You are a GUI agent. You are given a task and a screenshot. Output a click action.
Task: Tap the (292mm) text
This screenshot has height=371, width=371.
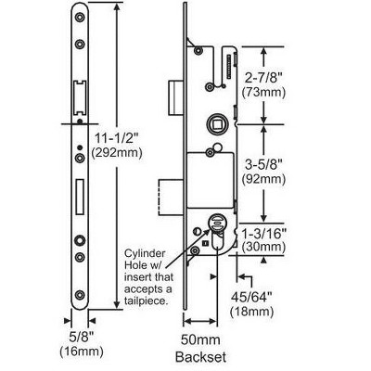(117, 153)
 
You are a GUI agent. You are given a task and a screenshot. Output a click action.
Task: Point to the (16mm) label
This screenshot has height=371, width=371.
(82, 352)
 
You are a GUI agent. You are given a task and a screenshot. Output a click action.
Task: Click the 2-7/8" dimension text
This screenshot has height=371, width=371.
(263, 78)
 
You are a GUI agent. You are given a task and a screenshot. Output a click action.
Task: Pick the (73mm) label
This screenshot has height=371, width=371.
(263, 93)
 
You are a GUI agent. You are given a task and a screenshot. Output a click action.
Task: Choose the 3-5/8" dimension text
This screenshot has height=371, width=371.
(263, 165)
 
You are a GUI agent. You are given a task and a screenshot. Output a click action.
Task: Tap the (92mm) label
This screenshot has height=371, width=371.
(263, 179)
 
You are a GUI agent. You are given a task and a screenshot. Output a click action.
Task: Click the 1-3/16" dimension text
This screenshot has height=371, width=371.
(263, 234)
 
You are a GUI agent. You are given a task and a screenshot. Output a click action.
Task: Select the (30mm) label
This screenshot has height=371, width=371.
(263, 247)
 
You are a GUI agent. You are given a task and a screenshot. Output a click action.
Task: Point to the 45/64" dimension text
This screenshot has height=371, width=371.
(251, 298)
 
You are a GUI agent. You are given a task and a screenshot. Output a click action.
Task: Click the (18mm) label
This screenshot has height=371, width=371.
(251, 312)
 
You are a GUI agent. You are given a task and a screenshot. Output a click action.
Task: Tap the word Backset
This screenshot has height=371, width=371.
(200, 357)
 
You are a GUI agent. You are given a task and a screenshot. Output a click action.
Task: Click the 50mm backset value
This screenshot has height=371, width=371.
(200, 340)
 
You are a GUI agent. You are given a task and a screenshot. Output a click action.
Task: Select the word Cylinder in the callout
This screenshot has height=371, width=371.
(145, 253)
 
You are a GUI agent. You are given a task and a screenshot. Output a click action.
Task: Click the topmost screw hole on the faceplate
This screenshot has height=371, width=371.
(80, 18)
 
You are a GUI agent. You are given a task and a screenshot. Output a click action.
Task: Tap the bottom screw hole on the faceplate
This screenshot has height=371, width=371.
(80, 295)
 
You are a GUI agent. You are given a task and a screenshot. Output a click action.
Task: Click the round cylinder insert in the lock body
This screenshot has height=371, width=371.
(217, 223)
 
